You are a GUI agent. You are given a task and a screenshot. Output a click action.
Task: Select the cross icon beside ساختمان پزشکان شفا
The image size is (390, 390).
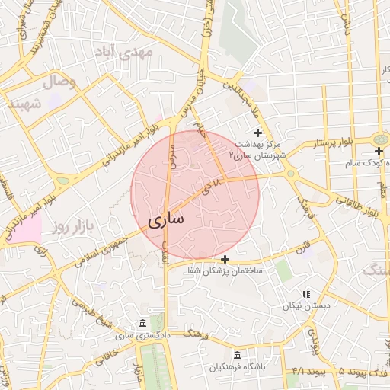[x=225, y=259]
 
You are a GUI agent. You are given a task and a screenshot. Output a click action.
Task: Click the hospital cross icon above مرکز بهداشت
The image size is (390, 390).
[x=258, y=133]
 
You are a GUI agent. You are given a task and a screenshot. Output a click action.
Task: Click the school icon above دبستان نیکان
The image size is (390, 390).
[x=306, y=294]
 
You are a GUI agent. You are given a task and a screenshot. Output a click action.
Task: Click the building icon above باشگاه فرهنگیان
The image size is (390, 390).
[x=237, y=356]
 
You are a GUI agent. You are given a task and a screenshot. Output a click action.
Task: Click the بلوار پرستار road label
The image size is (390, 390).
[x=337, y=142]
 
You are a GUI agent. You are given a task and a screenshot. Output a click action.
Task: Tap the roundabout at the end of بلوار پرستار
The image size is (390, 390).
[x=379, y=139]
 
